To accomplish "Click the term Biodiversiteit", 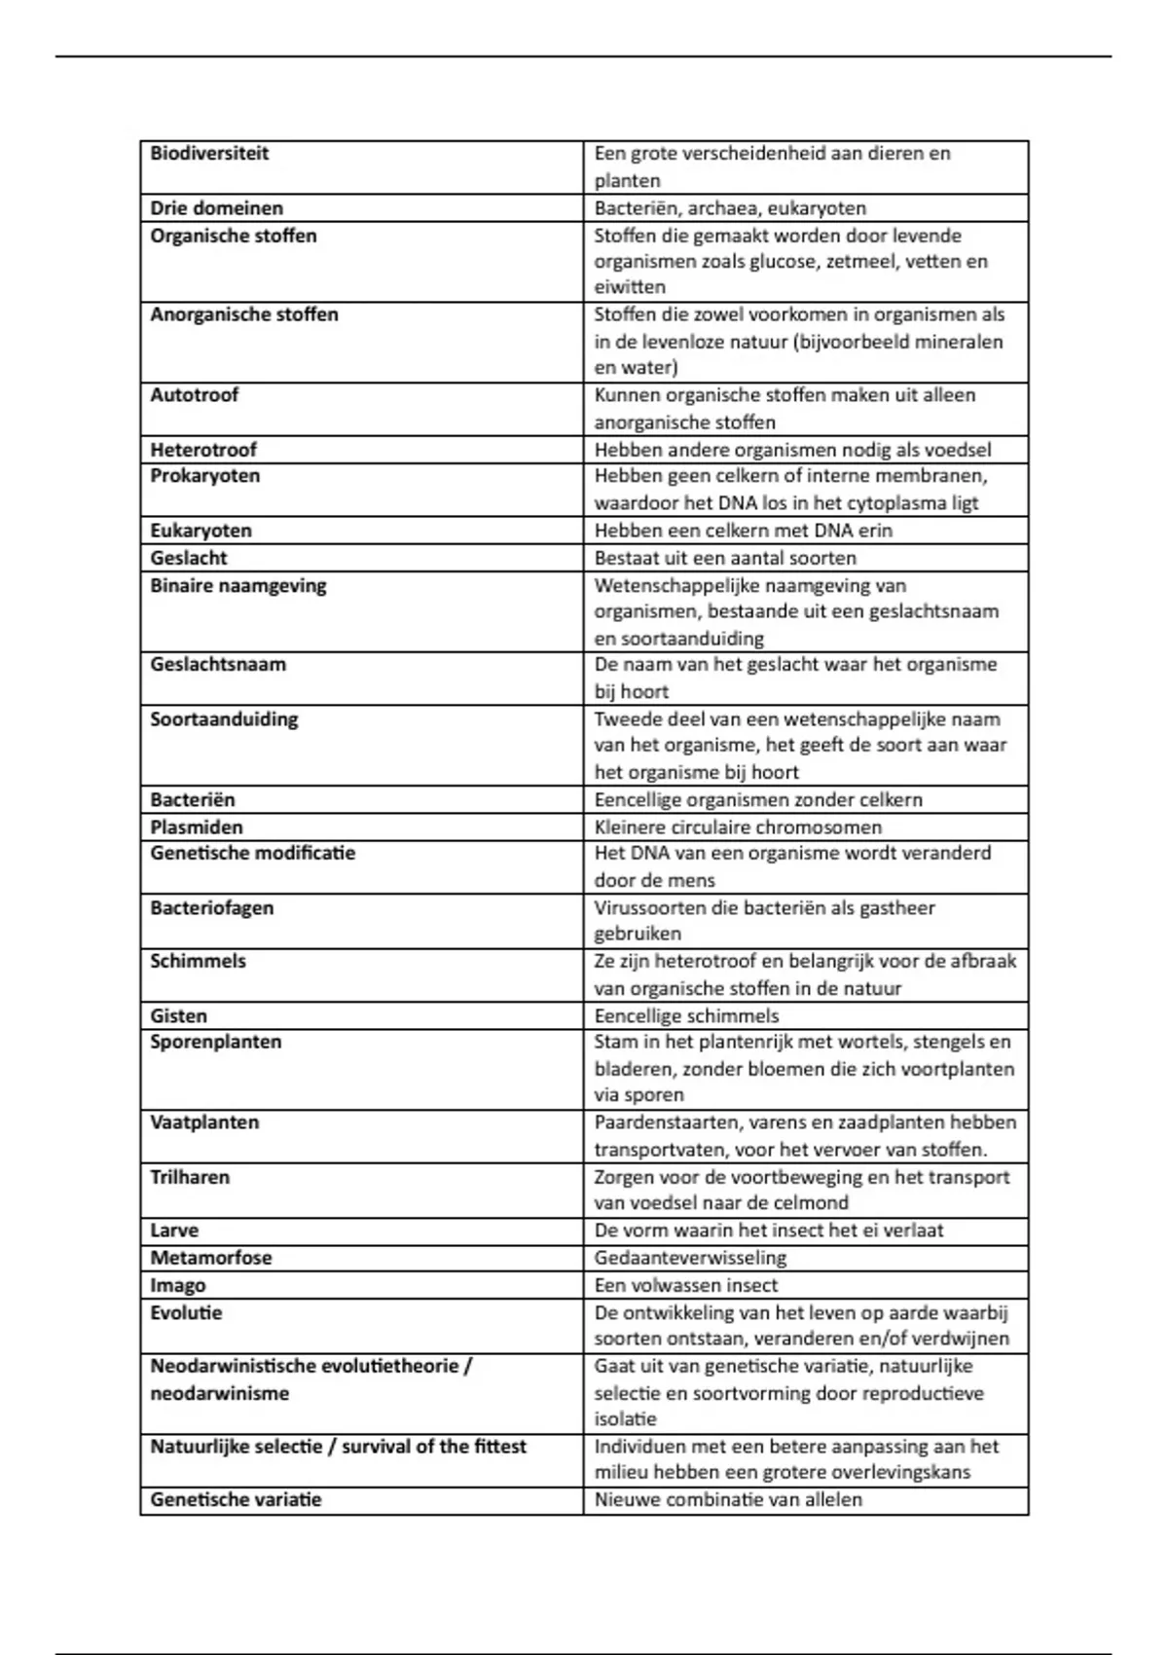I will (209, 154).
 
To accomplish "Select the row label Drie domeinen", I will (216, 208).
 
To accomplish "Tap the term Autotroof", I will (194, 395).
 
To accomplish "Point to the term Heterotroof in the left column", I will (203, 450).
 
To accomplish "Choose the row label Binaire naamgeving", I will (237, 586).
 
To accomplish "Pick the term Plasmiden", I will (197, 827).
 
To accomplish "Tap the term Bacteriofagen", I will (211, 908).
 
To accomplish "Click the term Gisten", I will (178, 1016).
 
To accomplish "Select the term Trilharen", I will (190, 1177).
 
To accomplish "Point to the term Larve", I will (174, 1231).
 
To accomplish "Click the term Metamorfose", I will (210, 1258).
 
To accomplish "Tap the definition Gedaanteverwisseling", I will (690, 1258).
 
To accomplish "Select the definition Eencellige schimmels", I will (686, 1016).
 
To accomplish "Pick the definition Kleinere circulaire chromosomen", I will (738, 827).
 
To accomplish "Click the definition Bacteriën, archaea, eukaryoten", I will (730, 208).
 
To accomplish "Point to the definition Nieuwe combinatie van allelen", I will (728, 1500).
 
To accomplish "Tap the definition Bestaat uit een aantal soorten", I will (725, 559).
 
